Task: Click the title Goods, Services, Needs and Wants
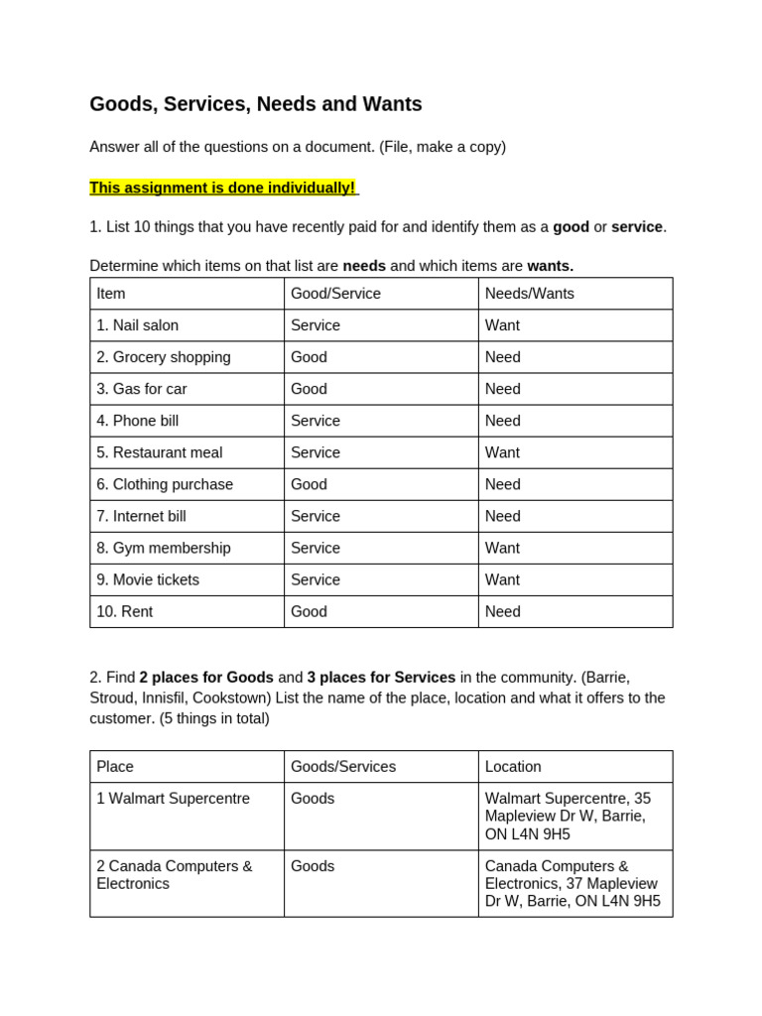click(255, 104)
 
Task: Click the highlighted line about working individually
click(223, 188)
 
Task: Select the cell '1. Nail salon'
click(138, 325)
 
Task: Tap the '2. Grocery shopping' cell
click(164, 357)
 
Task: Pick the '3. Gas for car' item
click(142, 389)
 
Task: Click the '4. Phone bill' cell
click(138, 421)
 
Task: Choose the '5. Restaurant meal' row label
click(160, 452)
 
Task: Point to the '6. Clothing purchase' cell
click(165, 484)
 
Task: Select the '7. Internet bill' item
click(142, 516)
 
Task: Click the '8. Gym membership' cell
click(164, 548)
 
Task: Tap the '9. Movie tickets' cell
click(148, 579)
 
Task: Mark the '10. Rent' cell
click(125, 611)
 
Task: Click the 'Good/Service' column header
click(335, 294)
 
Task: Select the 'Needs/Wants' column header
click(530, 294)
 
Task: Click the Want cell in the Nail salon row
click(502, 325)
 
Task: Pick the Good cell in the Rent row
click(309, 611)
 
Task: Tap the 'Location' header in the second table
click(513, 767)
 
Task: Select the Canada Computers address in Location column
click(571, 884)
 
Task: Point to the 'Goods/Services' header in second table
click(343, 767)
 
